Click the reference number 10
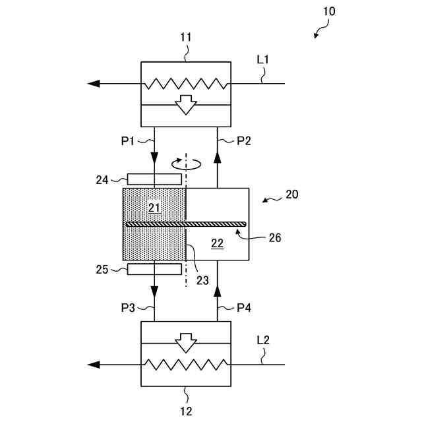(329, 11)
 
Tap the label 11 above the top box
(186, 38)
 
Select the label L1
(262, 60)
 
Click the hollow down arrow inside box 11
(186, 105)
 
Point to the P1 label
(127, 140)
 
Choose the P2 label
(244, 140)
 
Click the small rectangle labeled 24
(154, 179)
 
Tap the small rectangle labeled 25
(154, 269)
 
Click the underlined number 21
(154, 208)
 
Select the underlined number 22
(217, 243)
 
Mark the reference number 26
(275, 238)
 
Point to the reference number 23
(202, 280)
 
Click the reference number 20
(292, 195)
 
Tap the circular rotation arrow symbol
(186, 164)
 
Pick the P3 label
(128, 308)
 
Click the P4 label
(244, 308)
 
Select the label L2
(263, 340)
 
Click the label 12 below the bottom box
(186, 411)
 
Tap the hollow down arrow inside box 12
(186, 343)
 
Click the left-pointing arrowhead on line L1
(94, 84)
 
